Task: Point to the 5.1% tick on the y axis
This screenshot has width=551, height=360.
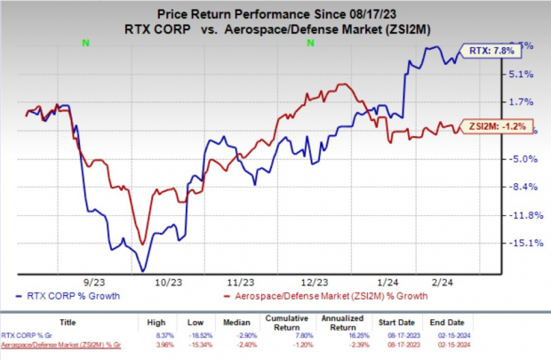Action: click(x=523, y=74)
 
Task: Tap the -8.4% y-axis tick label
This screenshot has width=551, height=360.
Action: click(x=522, y=187)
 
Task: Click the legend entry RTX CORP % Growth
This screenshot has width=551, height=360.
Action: click(x=59, y=294)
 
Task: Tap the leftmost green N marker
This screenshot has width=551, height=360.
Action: click(x=85, y=42)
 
